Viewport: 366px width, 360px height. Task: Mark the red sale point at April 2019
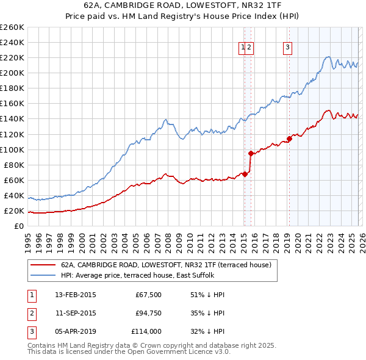[289, 139]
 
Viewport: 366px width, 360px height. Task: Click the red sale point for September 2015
[251, 153]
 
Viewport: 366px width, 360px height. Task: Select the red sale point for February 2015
[245, 174]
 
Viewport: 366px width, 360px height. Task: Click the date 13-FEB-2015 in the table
[76, 295]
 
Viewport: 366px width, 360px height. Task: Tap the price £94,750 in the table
[148, 313]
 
